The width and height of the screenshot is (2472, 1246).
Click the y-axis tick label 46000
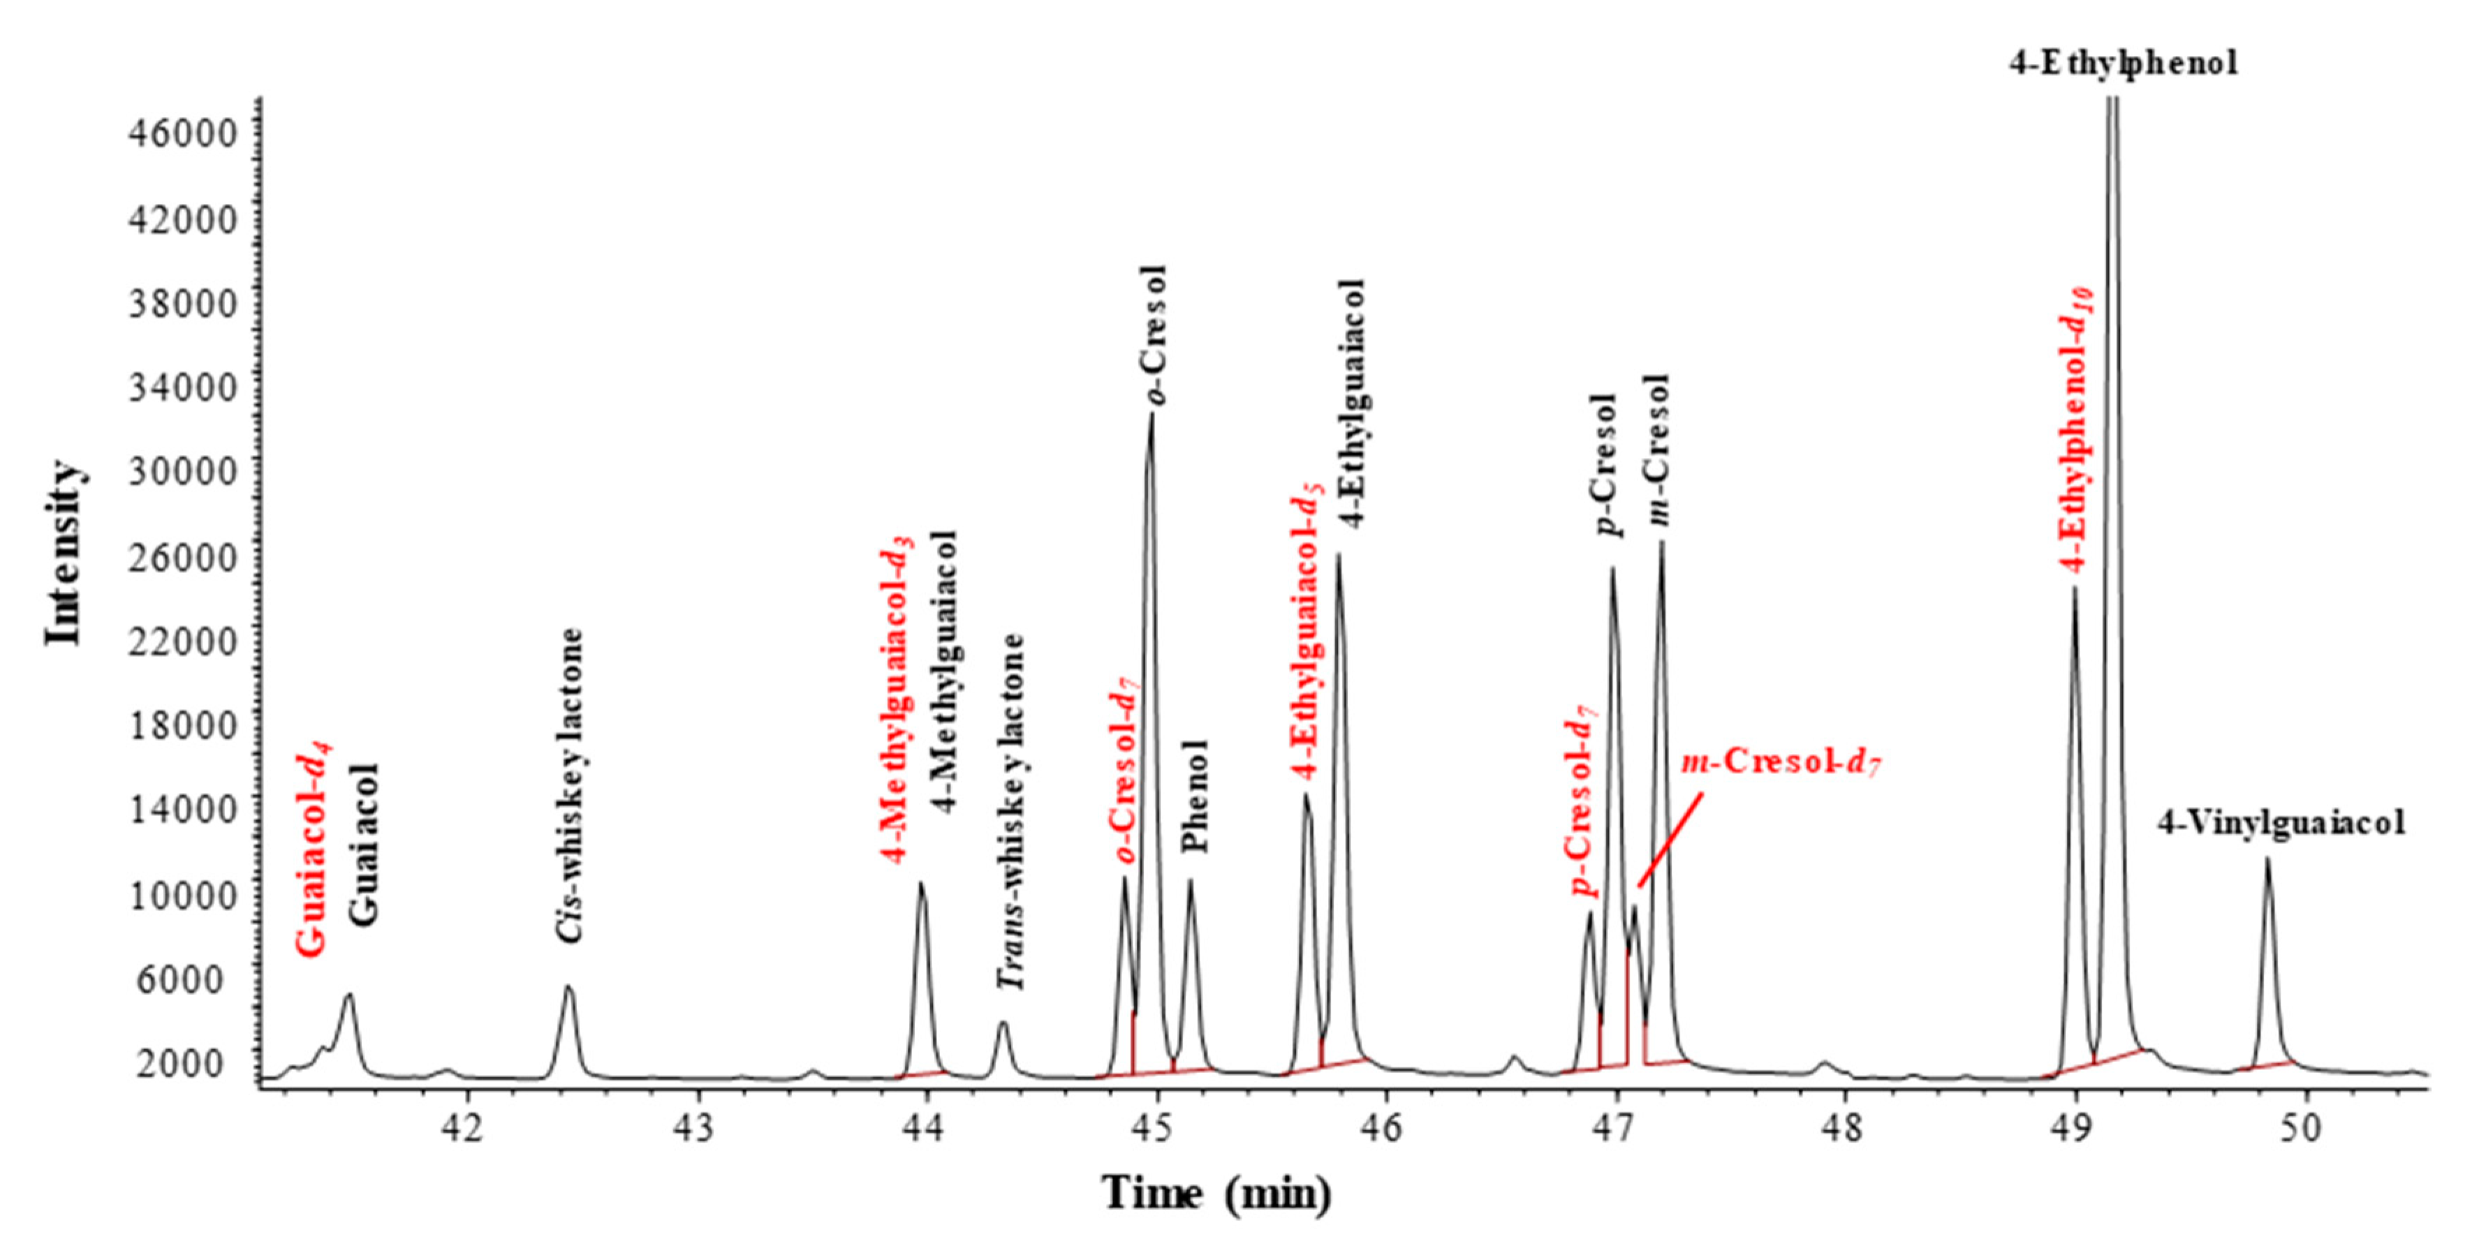pos(182,134)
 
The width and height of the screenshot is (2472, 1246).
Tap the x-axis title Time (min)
pos(1217,1194)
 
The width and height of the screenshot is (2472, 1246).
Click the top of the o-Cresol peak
pos(1151,415)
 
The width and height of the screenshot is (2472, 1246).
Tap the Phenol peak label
pos(1195,796)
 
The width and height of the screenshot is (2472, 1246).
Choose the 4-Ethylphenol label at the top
pos(2123,64)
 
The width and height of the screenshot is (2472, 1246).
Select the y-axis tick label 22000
pos(182,641)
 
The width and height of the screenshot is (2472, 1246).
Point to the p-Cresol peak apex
pos(1612,570)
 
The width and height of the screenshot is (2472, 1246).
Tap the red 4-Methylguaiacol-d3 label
pos(897,700)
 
